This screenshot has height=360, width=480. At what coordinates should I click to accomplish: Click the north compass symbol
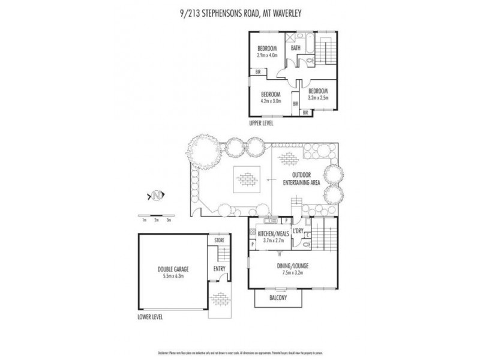[157, 195]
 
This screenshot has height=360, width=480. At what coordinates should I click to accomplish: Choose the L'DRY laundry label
[299, 230]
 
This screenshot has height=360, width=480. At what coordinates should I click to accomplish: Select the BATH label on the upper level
[296, 49]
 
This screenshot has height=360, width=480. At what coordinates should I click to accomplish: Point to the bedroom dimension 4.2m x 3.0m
[271, 100]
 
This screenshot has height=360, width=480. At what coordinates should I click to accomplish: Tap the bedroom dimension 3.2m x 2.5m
[319, 97]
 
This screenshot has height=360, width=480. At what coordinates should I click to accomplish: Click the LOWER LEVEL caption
[150, 317]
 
